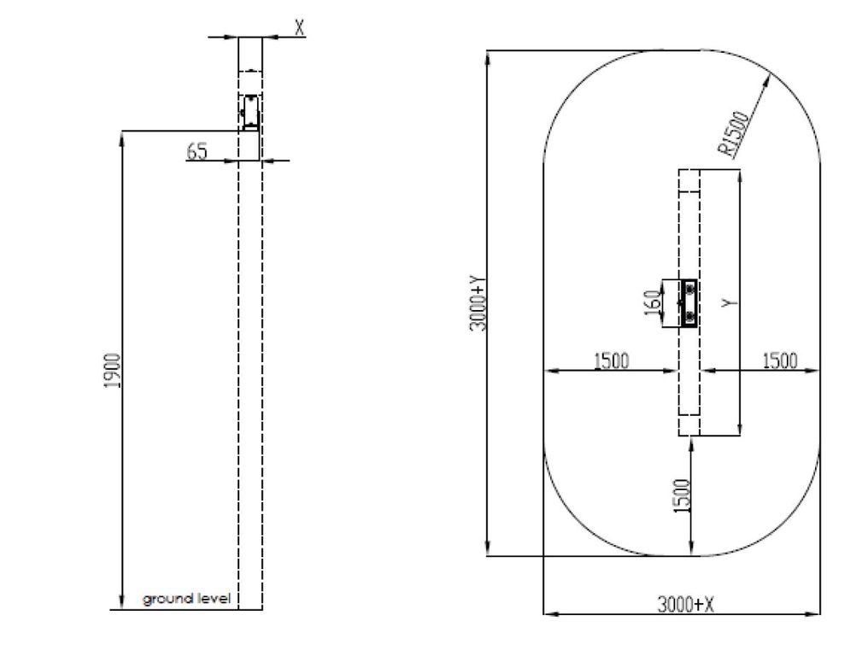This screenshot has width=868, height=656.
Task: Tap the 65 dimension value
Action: [197, 151]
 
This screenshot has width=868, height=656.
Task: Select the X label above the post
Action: [300, 27]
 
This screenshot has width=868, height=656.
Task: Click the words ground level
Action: [186, 599]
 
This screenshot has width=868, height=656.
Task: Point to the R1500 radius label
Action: [735, 133]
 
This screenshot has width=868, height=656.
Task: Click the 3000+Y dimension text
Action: [478, 304]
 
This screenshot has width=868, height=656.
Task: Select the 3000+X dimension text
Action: [685, 604]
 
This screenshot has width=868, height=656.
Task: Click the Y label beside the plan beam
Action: [730, 303]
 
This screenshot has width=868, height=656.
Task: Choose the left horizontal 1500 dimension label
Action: [611, 360]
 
